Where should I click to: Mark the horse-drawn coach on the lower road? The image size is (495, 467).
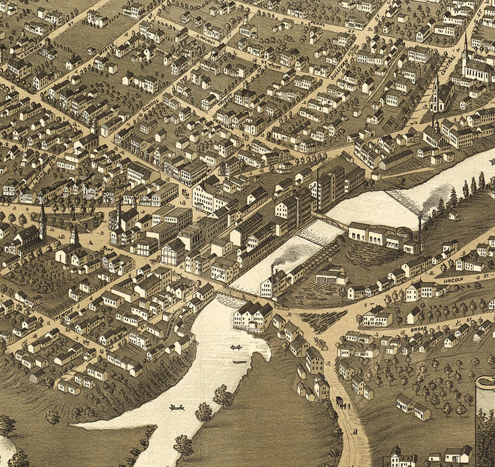pyautogui.click(x=340, y=400)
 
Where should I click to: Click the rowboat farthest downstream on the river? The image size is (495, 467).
pyautogui.click(x=177, y=407)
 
